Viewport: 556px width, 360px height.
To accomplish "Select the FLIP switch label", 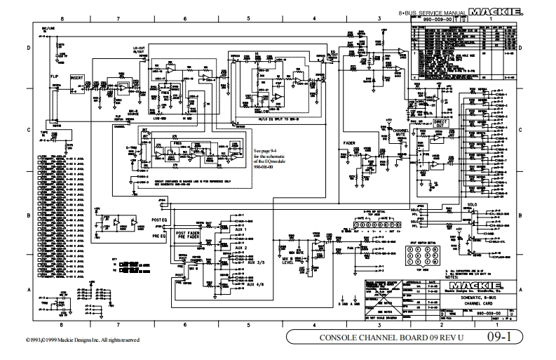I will [x=54, y=74].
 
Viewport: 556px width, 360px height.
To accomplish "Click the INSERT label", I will [x=77, y=78].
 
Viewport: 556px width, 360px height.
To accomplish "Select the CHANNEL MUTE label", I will [x=401, y=133].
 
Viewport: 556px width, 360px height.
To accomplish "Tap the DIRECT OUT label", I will [x=440, y=124].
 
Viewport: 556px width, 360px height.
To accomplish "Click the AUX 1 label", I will [x=240, y=231].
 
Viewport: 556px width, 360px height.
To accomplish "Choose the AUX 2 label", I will [x=240, y=248].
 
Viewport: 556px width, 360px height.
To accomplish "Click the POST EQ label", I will [x=161, y=219].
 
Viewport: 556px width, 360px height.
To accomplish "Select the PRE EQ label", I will [x=161, y=236].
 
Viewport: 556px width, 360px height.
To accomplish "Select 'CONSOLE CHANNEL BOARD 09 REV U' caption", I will [x=379, y=337].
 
